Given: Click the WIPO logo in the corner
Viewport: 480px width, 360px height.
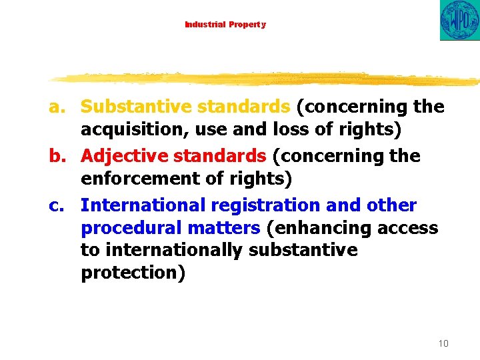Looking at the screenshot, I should (460, 20).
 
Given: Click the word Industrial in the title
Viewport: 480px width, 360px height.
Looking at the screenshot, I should (205, 25).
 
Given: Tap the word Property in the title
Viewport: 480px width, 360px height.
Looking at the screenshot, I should (247, 25).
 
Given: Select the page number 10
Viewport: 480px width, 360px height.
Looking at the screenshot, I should (443, 343).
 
